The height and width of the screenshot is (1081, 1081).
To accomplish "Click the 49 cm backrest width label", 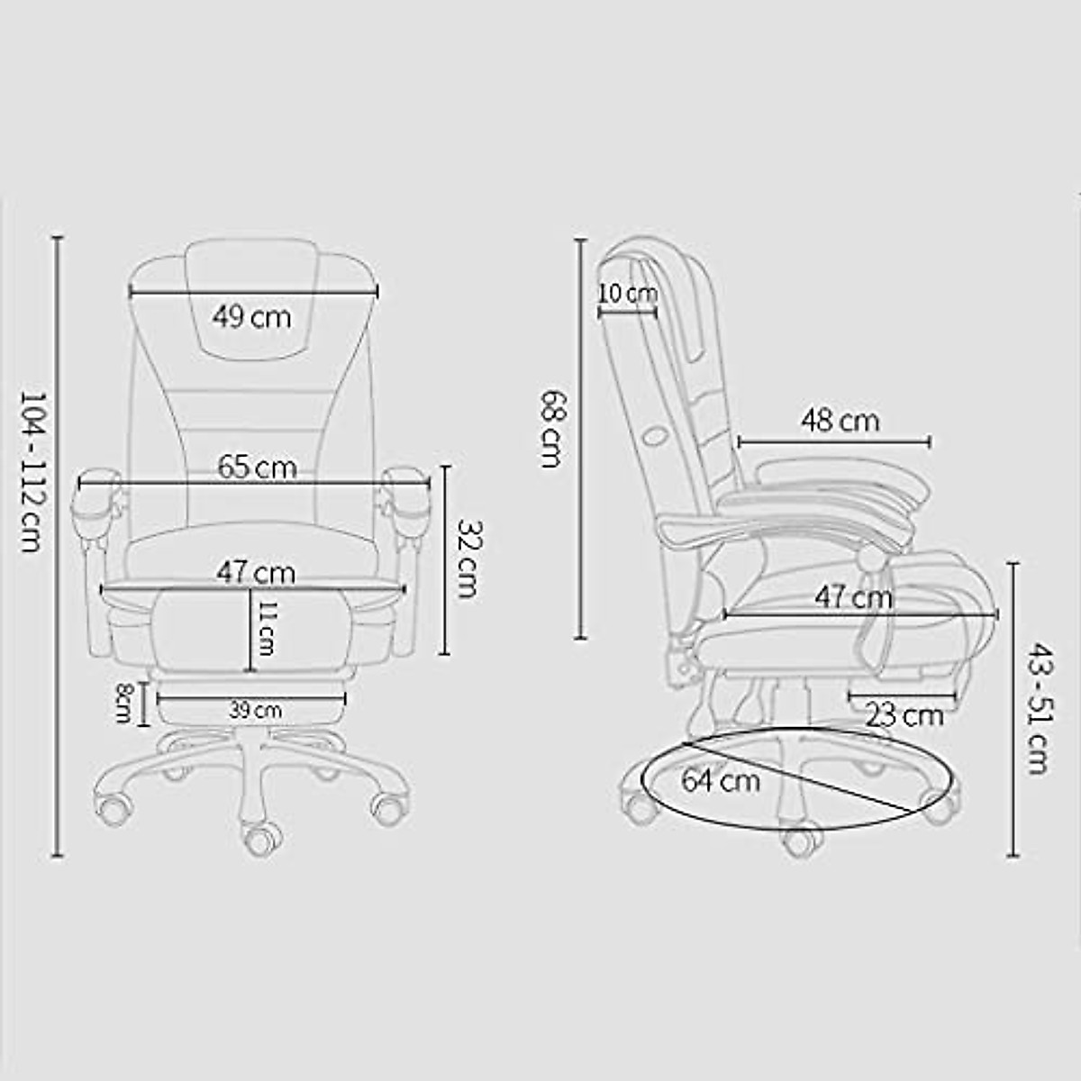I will [252, 317].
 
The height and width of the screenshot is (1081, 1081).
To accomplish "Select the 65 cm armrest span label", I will [257, 468].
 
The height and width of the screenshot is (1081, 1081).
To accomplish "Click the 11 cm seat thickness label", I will [266, 628].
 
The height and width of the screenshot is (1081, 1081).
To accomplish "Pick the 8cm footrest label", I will [124, 703].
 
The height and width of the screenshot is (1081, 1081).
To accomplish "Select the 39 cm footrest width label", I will [254, 711].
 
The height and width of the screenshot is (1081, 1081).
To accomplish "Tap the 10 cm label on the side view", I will [628, 294].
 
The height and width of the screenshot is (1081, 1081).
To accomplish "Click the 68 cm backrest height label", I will [551, 428].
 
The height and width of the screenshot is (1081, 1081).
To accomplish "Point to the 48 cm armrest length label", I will [840, 420].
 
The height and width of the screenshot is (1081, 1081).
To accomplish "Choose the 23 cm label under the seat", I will [904, 716].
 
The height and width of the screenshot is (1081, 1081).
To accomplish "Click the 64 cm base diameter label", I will [720, 779].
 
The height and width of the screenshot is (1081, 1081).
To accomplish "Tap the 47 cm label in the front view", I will [255, 573].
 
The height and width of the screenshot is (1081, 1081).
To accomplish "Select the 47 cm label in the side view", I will [853, 596].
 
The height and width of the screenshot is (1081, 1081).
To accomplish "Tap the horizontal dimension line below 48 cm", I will [834, 441].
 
